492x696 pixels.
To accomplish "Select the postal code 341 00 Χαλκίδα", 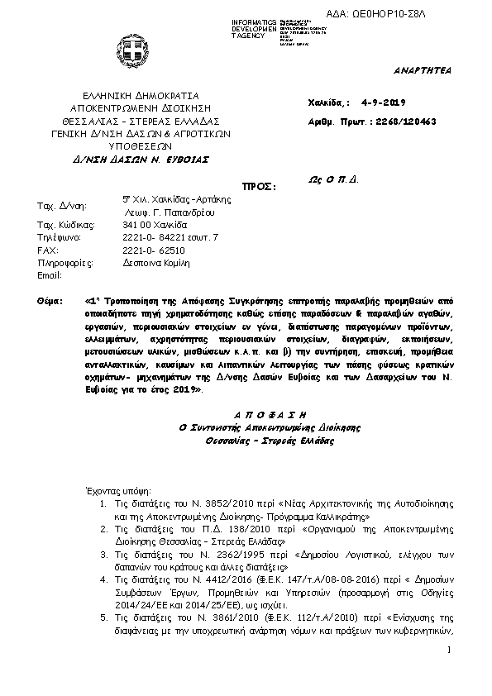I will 155,225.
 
